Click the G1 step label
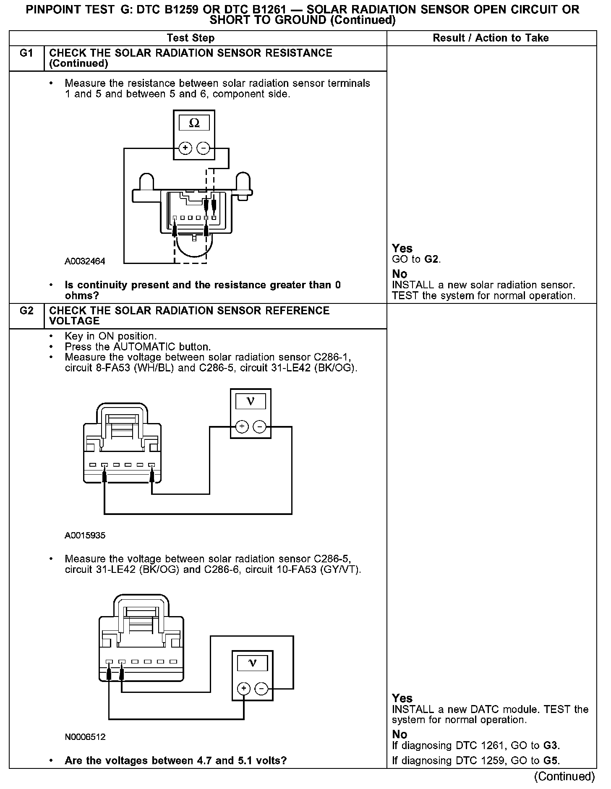(26, 53)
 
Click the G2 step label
(26, 311)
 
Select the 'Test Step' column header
(191, 38)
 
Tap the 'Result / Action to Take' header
(491, 38)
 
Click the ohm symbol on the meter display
(194, 123)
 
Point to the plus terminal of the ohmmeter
(185, 148)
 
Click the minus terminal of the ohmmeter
(204, 148)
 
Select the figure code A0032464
(85, 261)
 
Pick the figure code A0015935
(85, 536)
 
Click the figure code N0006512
(85, 737)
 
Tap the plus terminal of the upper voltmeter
(242, 427)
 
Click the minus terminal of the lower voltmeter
(261, 689)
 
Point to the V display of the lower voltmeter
(252, 663)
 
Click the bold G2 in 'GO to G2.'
(432, 259)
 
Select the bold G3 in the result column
(551, 746)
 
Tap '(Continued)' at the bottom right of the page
(564, 776)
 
